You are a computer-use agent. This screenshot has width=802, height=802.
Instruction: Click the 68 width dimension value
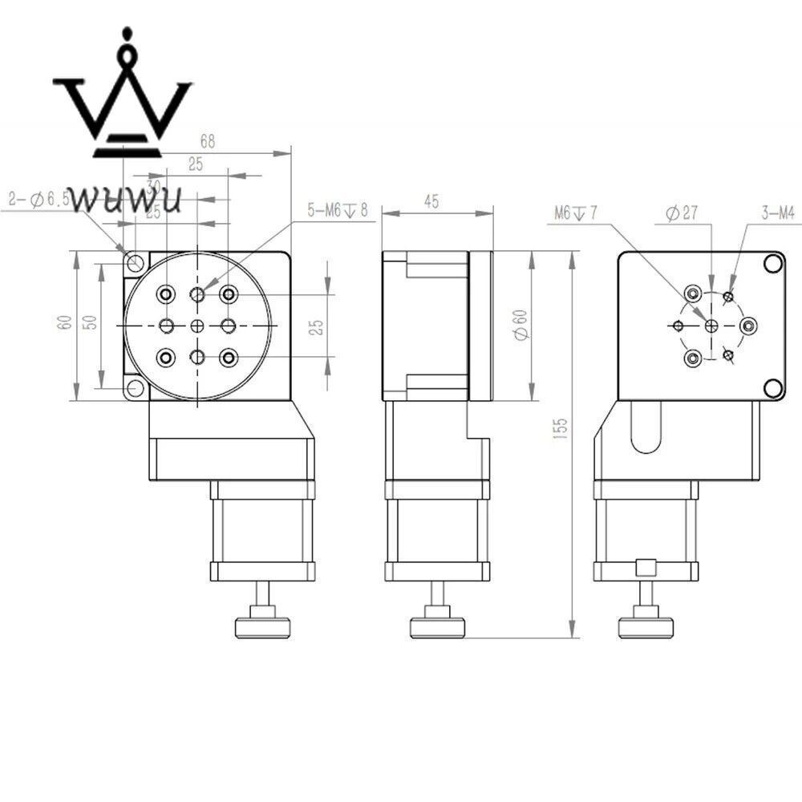[208, 142]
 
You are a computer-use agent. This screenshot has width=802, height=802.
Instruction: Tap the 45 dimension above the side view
[431, 203]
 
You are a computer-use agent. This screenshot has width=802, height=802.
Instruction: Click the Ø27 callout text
[682, 213]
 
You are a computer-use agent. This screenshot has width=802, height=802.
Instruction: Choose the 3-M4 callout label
[777, 213]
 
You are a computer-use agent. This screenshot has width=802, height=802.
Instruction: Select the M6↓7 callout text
[574, 213]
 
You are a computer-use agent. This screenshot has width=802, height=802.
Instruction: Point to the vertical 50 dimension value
[90, 322]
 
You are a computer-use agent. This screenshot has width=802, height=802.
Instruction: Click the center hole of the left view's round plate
[198, 326]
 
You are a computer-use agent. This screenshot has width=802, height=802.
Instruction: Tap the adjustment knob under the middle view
[437, 626]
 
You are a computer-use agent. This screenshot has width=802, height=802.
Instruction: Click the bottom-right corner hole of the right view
[773, 388]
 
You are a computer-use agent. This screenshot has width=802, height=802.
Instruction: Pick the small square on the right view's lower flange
[645, 568]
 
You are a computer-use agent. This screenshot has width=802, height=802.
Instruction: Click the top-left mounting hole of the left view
[134, 262]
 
